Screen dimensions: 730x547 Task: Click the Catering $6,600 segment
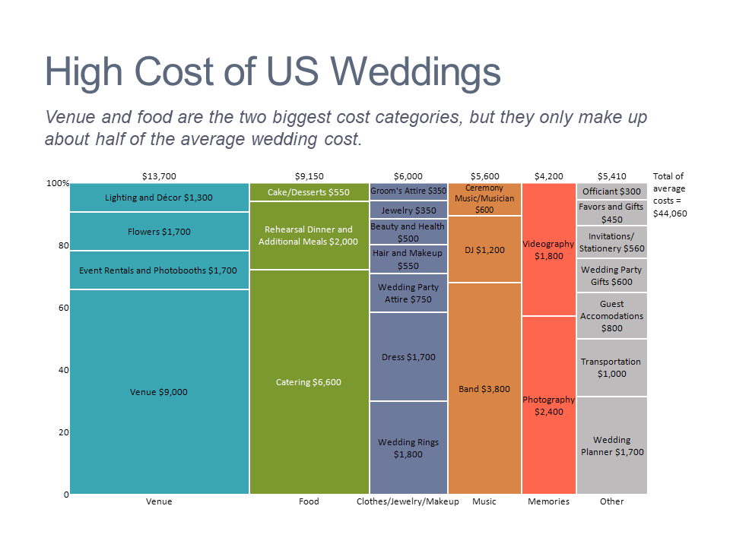coord(309,382)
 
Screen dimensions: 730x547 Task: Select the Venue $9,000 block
coord(159,392)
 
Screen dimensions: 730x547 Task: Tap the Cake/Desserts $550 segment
coord(309,192)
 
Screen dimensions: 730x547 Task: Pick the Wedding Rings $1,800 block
coord(408,447)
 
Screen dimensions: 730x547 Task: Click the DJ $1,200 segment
coord(484,249)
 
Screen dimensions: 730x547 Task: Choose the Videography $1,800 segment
coord(549,250)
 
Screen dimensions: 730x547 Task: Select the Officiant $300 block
coord(611,191)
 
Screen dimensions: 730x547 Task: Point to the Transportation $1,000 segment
coord(611,368)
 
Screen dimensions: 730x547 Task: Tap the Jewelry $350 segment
coord(408,210)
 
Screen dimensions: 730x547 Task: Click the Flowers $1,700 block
coord(159,231)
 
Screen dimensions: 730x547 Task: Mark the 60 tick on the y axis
coord(64,308)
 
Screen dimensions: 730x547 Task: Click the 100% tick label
coord(58,183)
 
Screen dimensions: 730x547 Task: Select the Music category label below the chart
coord(484,501)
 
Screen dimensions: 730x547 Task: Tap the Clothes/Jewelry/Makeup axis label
coord(408,501)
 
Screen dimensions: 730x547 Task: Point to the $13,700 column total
coord(159,176)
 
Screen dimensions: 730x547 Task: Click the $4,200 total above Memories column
coord(549,176)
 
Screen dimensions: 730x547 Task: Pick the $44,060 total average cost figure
coord(670,213)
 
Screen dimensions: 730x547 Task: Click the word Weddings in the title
coord(416,72)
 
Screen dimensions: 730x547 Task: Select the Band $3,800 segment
coord(484,388)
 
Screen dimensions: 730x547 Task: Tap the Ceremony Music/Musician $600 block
coord(484,199)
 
